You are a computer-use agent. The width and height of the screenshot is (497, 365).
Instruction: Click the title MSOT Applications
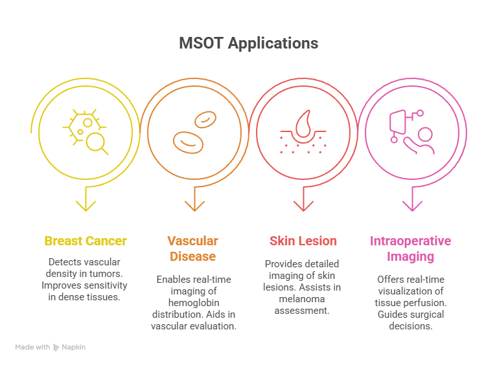pos(249,43)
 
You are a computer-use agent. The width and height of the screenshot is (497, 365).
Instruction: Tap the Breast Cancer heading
pos(86,241)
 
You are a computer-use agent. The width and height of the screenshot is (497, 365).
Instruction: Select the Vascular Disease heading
pos(192,249)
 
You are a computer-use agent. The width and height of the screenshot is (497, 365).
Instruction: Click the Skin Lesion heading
pos(303,241)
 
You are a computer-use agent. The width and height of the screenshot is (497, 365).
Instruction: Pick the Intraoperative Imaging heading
pos(410,249)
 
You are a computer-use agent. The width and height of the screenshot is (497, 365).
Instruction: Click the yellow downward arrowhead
pos(86,206)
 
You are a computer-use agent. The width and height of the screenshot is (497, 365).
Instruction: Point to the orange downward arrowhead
pos(194,206)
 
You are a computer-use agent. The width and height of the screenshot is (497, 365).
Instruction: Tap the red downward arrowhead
pos(303,206)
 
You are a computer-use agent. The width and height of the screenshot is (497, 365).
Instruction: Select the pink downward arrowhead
pos(412,206)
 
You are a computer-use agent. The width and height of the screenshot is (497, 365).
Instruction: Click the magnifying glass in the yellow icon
pos(96,142)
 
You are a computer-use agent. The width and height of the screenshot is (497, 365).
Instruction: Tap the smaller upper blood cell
pos(205,120)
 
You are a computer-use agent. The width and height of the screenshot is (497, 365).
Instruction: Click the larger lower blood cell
pos(188,142)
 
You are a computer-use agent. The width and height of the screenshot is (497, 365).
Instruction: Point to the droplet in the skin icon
pos(304,124)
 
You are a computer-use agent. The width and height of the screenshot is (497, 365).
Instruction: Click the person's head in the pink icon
pos(425,134)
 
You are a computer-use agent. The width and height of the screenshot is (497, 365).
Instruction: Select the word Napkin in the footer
pos(73,348)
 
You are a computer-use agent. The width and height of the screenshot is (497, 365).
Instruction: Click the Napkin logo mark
pos(56,348)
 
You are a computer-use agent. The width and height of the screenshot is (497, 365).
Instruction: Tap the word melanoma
pos(302,299)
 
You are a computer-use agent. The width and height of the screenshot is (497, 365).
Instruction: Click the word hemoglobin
pos(194,303)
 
